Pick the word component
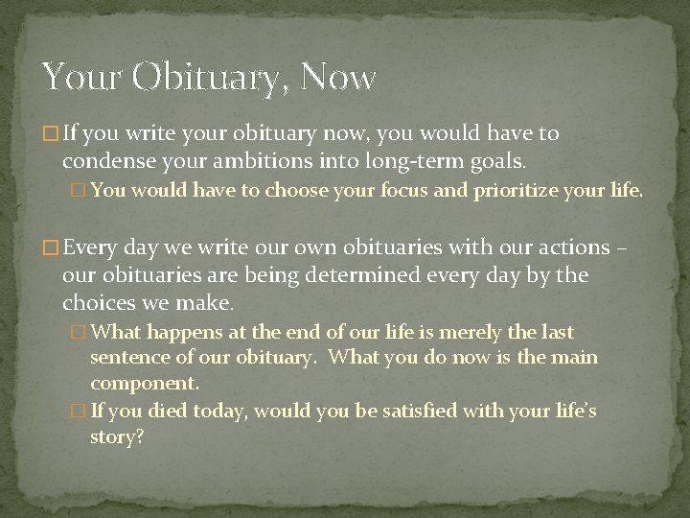pyautogui.click(x=145, y=383)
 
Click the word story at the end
pyautogui.click(x=116, y=436)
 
